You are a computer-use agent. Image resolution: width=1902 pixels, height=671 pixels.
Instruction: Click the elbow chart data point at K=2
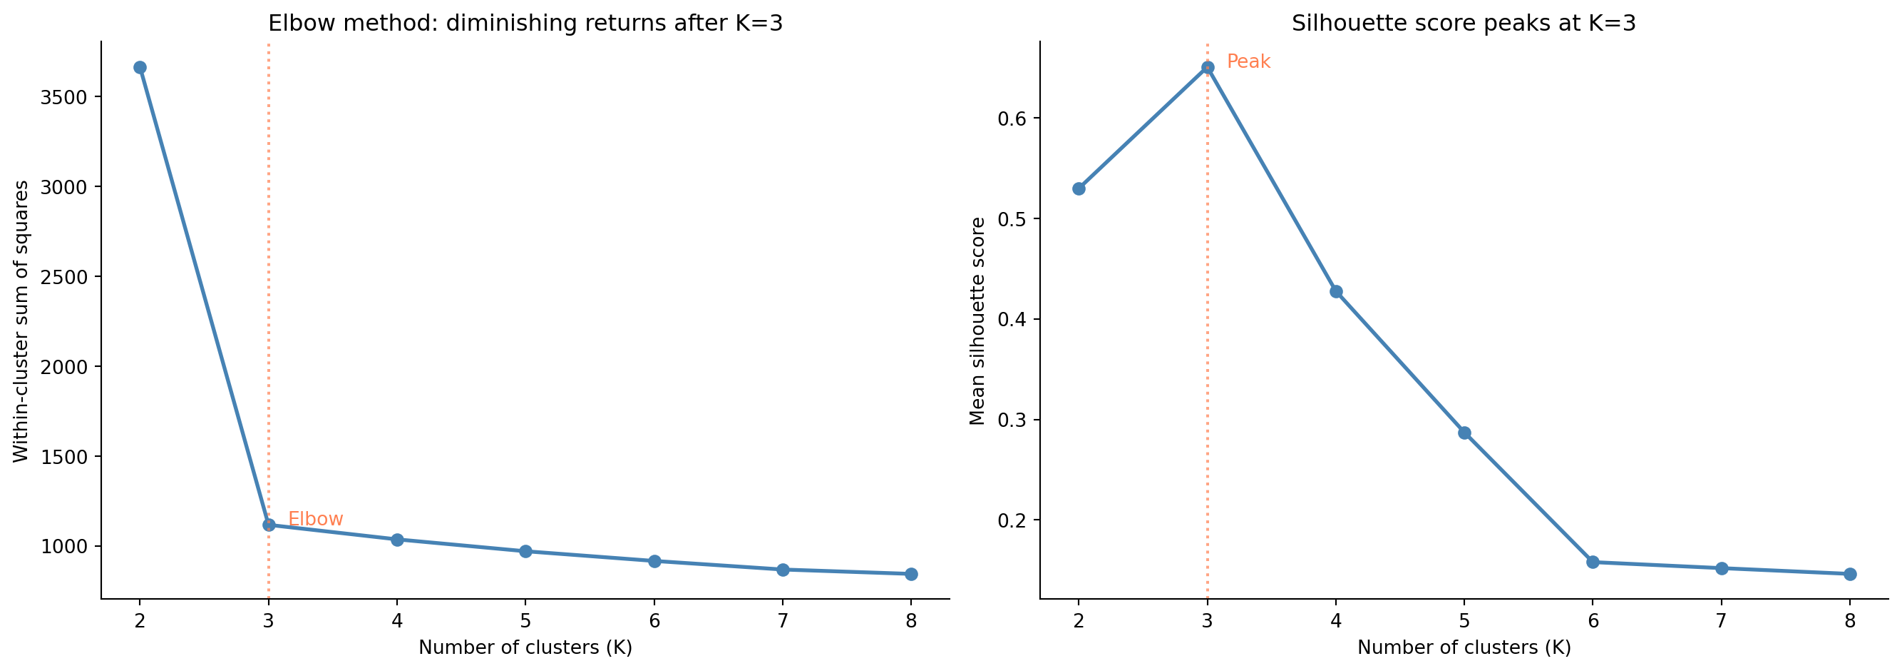(140, 67)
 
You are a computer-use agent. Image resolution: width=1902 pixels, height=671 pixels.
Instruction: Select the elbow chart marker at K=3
(269, 525)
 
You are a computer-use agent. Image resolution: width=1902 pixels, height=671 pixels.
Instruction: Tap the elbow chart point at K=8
(911, 574)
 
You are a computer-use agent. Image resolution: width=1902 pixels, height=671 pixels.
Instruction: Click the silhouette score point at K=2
(1079, 188)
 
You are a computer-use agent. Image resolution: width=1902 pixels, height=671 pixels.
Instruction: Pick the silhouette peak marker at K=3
(1208, 67)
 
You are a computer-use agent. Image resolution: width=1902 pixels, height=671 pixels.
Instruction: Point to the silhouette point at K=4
(1336, 291)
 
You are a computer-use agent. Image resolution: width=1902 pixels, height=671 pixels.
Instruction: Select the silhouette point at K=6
(1593, 562)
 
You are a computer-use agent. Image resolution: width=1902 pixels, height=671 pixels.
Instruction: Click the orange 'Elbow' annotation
(315, 520)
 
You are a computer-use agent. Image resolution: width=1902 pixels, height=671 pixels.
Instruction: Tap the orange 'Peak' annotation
(1248, 62)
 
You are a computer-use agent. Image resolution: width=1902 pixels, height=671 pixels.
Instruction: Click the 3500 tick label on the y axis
(64, 98)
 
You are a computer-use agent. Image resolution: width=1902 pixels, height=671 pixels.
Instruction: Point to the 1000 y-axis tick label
(64, 547)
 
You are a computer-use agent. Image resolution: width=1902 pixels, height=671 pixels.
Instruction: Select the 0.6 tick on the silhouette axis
(1013, 119)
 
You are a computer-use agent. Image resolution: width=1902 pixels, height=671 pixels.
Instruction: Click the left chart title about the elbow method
(525, 24)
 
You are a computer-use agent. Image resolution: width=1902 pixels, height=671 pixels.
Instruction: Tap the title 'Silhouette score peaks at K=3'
(1464, 24)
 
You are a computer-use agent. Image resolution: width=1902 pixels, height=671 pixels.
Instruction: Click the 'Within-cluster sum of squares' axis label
(21, 321)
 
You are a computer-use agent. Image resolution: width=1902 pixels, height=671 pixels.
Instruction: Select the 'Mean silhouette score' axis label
(977, 321)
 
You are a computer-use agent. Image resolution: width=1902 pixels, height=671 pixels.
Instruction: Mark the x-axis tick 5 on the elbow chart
(525, 621)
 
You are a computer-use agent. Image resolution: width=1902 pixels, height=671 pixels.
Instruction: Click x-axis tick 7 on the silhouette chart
(1721, 621)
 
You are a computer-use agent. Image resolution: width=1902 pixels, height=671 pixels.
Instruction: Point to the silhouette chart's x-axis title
(1464, 648)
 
